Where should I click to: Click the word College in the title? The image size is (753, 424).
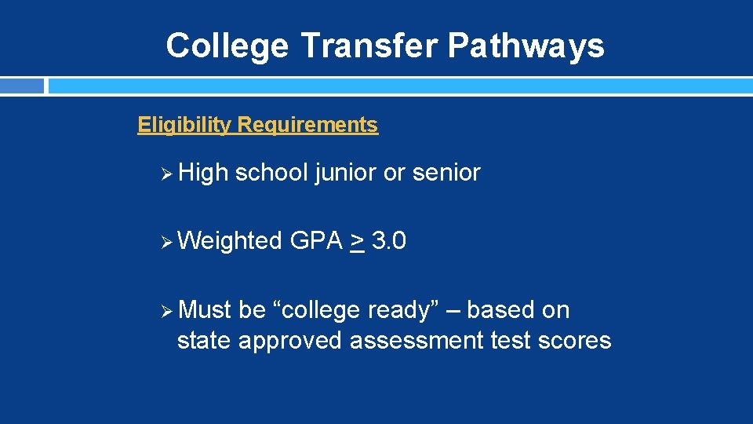(x=227, y=46)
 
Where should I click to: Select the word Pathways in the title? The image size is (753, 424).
(x=526, y=46)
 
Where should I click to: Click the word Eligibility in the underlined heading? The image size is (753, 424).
(x=184, y=125)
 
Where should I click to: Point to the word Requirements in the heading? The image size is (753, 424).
(x=307, y=125)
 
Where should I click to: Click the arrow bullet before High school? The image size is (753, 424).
(x=165, y=173)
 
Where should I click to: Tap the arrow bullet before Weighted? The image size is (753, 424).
(x=165, y=241)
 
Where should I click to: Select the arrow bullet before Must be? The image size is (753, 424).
(x=165, y=310)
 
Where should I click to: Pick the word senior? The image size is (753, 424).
(x=446, y=173)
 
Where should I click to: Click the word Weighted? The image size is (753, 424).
(x=230, y=241)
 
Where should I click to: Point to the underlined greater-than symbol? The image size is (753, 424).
(x=357, y=242)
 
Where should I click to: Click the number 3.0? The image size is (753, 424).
(x=389, y=241)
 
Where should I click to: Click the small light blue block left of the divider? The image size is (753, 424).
(x=22, y=86)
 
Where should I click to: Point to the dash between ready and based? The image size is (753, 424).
(x=453, y=311)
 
